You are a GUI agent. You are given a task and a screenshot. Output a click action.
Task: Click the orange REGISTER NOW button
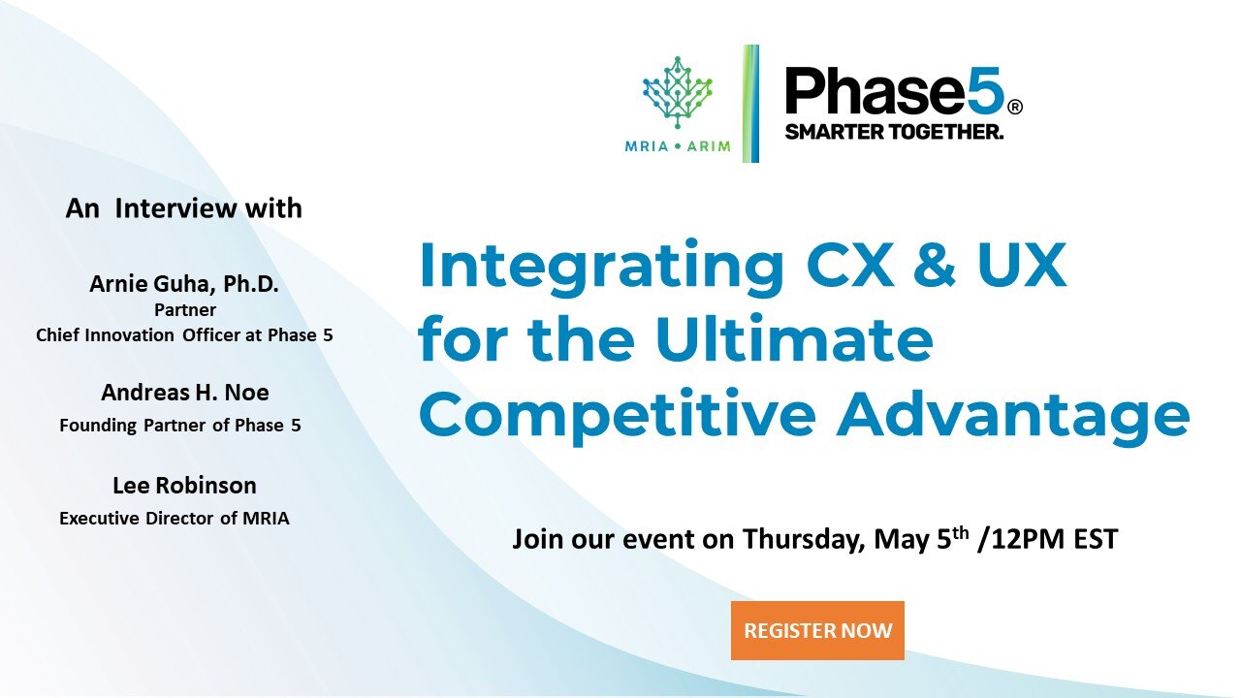point(817,630)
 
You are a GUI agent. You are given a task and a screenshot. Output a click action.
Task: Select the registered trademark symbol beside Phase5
point(1015,107)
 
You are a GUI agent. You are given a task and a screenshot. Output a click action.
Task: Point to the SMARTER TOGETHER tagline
point(894,132)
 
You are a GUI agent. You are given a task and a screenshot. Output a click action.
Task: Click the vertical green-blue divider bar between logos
point(750,104)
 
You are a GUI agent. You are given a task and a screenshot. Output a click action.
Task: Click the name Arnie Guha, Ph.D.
point(184,284)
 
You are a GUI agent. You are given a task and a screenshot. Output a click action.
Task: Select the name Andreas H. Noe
point(185,393)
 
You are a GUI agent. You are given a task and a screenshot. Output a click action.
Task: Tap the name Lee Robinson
point(184,486)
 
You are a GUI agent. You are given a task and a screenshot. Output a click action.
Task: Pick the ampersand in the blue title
point(934,265)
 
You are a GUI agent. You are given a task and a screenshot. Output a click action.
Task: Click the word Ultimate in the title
point(794,339)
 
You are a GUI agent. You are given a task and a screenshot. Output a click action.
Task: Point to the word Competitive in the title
point(618,417)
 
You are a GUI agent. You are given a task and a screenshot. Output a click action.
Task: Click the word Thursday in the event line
point(804,538)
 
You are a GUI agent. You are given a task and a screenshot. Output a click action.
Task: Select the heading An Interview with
point(184,208)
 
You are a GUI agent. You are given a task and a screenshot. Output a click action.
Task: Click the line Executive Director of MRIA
point(175,519)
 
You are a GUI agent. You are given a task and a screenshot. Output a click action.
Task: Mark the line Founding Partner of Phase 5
point(180,426)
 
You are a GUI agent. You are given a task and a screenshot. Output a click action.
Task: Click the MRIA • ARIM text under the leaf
point(678,146)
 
